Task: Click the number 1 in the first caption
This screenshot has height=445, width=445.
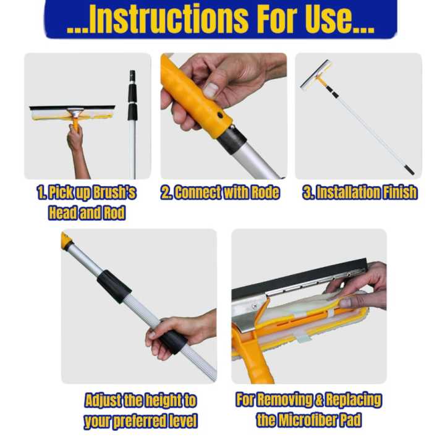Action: pyautogui.click(x=40, y=192)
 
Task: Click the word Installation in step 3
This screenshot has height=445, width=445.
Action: pyautogui.click(x=342, y=192)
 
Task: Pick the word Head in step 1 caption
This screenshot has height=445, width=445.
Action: pyautogui.click(x=63, y=213)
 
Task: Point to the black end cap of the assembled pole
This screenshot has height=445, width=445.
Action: pyautogui.click(x=409, y=169)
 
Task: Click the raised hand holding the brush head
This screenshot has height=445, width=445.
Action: pyautogui.click(x=75, y=139)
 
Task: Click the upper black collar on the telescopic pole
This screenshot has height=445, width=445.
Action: pyautogui.click(x=114, y=285)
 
